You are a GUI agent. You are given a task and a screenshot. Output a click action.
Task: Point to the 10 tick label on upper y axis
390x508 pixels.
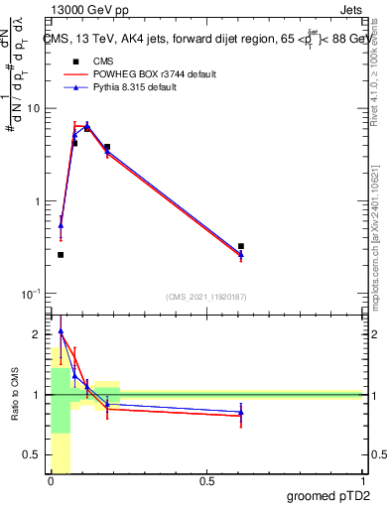coord(33,108)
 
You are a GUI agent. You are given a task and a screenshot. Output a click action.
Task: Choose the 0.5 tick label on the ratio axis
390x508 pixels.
coord(33,455)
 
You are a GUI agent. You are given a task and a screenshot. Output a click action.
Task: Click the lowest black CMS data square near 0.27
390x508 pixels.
coord(61,255)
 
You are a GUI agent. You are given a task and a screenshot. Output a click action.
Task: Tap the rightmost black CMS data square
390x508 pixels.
coord(241,246)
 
